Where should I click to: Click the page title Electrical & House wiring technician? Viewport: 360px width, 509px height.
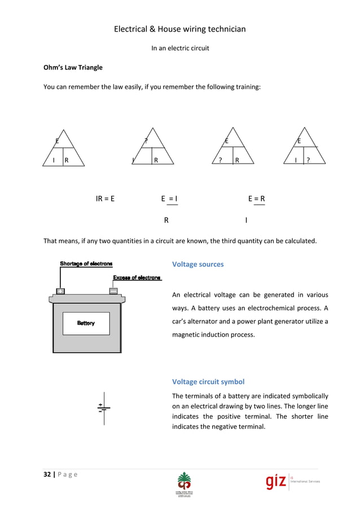coord(180,29)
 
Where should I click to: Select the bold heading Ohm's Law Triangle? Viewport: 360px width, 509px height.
coord(73,68)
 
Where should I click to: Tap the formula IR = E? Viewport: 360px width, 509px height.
coord(105,199)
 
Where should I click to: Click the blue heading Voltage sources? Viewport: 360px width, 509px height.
coord(197,264)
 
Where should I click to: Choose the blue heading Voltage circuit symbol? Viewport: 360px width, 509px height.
coord(208,381)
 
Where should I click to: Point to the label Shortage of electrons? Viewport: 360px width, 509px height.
coord(86,264)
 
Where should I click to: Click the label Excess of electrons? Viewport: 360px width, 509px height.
coord(137,278)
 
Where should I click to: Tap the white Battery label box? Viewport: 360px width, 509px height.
coord(86,323)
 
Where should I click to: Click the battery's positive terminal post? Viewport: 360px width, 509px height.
coord(60,291)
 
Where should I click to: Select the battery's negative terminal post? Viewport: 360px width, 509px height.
coord(113,291)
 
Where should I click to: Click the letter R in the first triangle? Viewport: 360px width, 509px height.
coord(67,160)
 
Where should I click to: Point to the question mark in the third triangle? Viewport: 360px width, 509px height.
coord(221,160)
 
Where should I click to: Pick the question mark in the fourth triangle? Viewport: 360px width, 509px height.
coord(308,160)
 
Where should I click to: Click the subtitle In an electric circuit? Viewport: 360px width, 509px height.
coord(180,48)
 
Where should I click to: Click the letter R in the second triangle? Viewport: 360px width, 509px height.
coord(156,160)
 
